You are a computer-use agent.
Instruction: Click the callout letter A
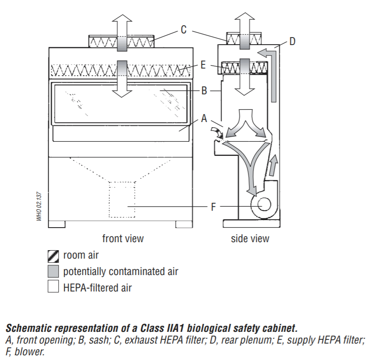[204, 119]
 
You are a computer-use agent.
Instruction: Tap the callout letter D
[292, 42]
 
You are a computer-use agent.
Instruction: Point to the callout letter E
[203, 65]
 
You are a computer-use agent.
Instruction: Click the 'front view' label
[123, 238]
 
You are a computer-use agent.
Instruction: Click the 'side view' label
[250, 238]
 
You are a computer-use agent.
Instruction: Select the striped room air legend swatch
[53, 256]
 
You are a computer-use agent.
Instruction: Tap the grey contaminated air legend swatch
[53, 271]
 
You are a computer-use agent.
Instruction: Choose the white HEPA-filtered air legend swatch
[53, 287]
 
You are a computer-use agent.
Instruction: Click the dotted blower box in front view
[122, 199]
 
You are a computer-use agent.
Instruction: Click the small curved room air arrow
[217, 131]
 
